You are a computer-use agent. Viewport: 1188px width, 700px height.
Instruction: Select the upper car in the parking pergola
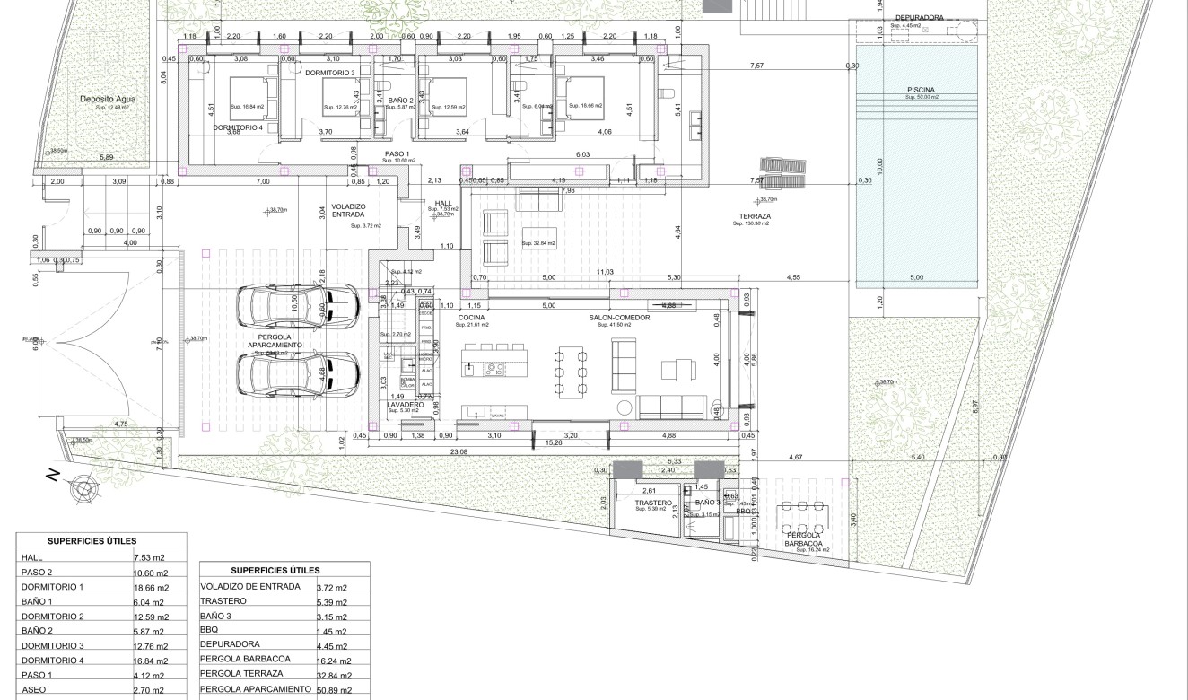point(297,307)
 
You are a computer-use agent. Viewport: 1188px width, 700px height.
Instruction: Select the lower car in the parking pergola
point(297,373)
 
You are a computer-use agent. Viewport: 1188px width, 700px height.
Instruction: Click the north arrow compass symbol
point(84,488)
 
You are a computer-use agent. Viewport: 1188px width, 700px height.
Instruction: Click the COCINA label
point(471,318)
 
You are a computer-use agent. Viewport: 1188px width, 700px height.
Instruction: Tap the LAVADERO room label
point(405,405)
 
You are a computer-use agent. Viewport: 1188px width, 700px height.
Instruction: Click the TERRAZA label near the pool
point(755,216)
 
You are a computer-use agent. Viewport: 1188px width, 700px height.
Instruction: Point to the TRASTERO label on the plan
point(653,503)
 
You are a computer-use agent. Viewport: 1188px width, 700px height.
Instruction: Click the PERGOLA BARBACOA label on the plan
point(804,539)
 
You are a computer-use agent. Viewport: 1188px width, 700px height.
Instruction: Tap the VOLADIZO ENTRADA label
point(347,210)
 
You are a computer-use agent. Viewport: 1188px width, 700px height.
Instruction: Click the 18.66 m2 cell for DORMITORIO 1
point(149,587)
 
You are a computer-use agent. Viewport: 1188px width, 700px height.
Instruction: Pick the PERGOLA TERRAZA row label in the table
point(241,673)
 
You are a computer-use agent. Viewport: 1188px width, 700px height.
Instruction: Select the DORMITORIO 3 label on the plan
point(329,73)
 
